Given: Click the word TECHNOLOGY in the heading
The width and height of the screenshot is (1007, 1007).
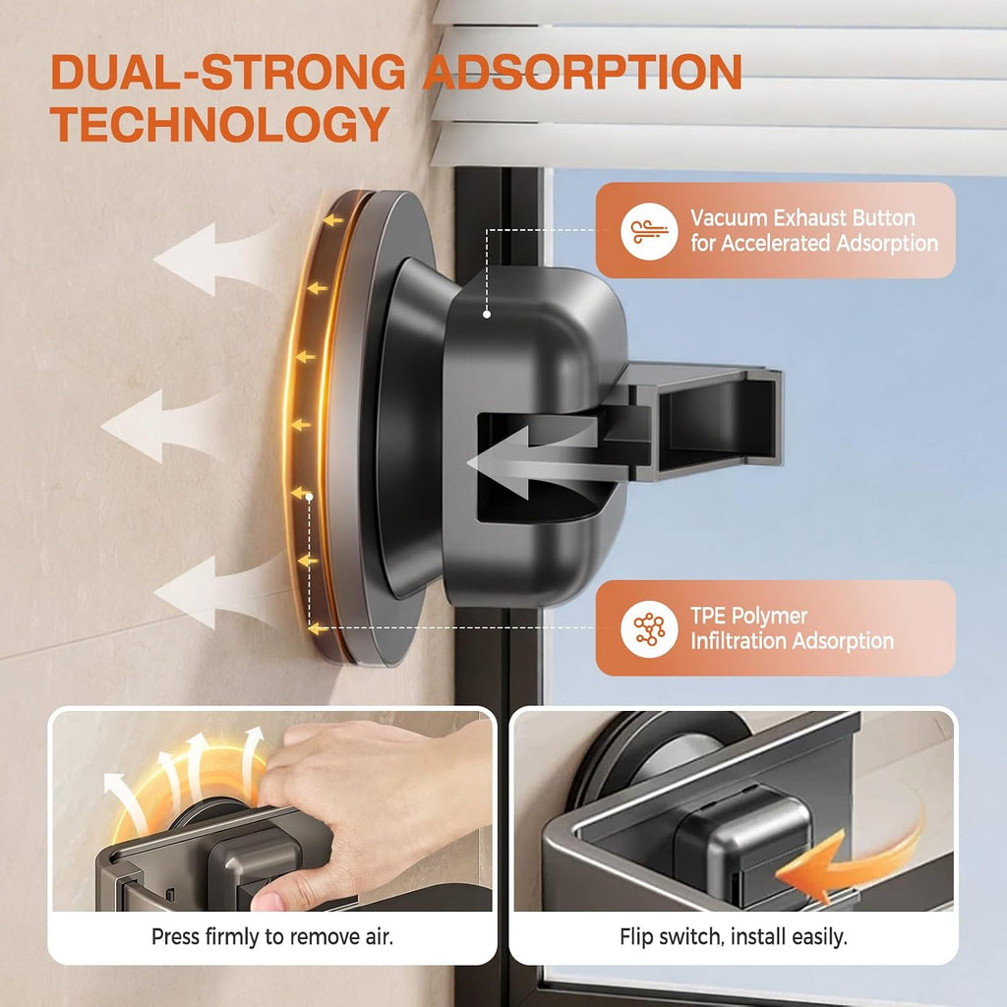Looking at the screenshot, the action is [219, 124].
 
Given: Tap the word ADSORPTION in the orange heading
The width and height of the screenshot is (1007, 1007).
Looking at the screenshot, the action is [582, 71].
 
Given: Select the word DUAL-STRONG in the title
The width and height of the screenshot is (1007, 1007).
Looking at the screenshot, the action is [228, 71].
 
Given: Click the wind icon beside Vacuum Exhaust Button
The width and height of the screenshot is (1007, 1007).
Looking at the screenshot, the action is [649, 231].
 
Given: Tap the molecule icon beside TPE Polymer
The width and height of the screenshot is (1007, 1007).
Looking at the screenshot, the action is [649, 628].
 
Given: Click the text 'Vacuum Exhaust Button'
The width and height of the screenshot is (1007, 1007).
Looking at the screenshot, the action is [802, 217].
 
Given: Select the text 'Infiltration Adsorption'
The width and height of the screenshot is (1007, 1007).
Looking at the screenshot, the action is [792, 640].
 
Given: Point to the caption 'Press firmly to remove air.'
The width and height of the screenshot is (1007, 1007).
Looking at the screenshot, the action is [272, 937].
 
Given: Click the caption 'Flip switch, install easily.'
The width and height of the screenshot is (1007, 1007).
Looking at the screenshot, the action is [734, 937].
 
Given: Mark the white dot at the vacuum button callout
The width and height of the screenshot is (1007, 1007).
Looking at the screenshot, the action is [487, 314].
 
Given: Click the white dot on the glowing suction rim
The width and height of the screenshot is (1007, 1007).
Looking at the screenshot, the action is [309, 497].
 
